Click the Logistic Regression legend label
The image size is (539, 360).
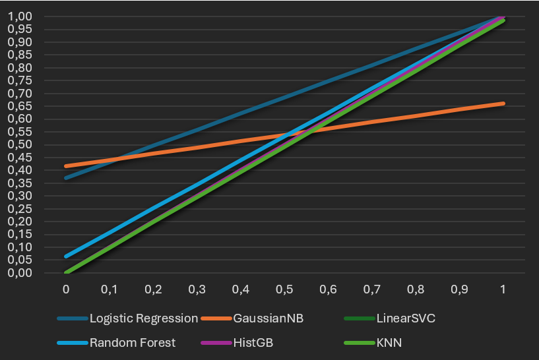143,318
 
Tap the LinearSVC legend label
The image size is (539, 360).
406,318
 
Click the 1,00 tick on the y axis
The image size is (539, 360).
19,16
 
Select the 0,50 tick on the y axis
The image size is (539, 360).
19,145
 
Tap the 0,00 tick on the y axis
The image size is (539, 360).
19,273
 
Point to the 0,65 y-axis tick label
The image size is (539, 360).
19,106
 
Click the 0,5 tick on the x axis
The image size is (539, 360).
284,289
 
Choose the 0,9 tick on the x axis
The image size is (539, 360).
459,289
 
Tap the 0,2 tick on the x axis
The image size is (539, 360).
153,289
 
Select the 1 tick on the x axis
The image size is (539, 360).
503,289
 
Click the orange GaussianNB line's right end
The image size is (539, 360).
503,104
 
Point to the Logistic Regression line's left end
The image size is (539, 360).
66,178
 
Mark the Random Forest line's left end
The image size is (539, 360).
66,256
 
